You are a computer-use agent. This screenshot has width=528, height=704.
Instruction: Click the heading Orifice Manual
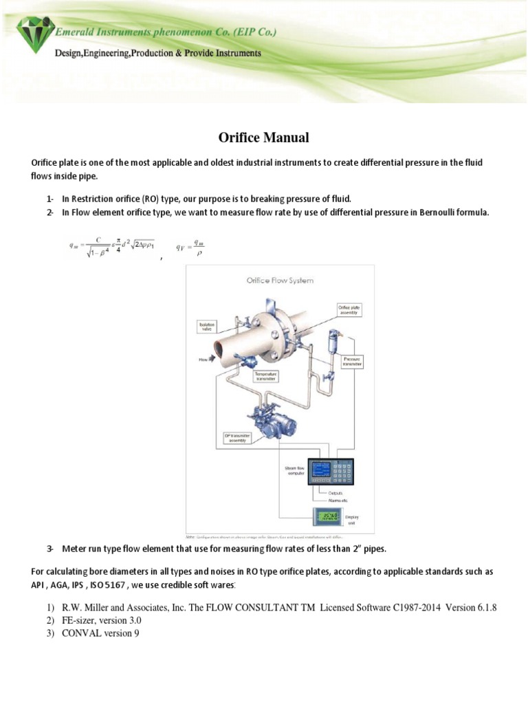[263, 138]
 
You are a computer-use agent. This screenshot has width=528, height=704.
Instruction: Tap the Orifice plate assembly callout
[347, 309]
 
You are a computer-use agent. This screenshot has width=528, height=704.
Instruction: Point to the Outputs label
[335, 493]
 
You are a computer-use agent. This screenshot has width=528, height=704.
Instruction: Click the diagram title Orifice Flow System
[280, 280]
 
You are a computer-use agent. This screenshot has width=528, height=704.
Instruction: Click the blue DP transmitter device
[267, 419]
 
